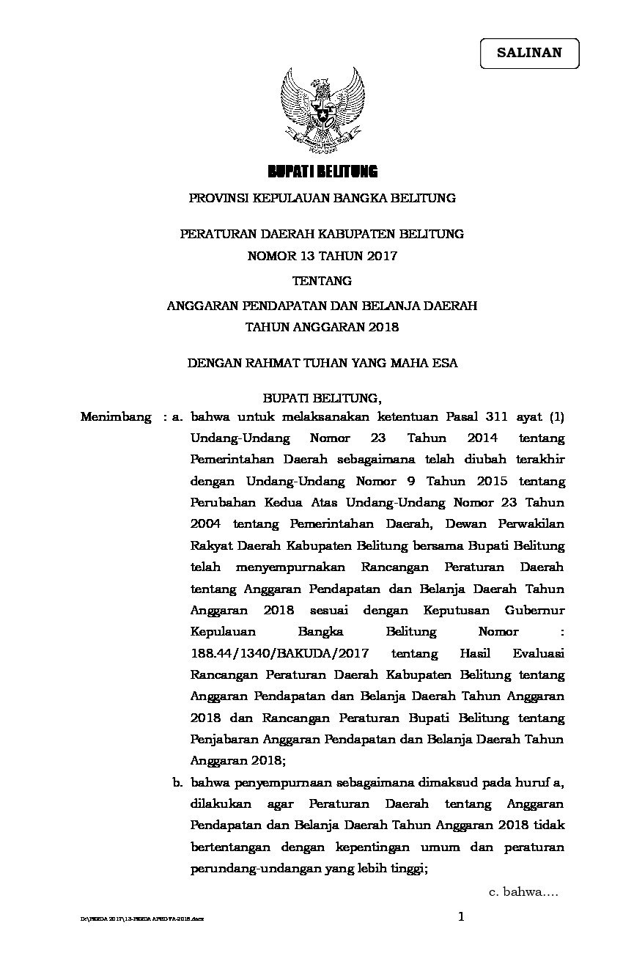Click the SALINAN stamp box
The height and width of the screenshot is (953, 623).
[529, 53]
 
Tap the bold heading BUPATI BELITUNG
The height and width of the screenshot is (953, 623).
[322, 172]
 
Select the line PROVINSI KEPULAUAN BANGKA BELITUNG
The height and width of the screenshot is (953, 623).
[322, 198]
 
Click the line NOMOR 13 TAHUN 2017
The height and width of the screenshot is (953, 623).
[322, 256]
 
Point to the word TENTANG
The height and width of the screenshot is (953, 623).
[322, 281]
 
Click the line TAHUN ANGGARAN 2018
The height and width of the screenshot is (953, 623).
[322, 327]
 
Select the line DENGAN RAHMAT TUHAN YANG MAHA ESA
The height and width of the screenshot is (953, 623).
[322, 363]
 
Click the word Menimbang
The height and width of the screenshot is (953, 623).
[117, 417]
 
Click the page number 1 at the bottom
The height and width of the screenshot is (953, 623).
[461, 916]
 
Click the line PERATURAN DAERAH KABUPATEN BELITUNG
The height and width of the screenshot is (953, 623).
[322, 234]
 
